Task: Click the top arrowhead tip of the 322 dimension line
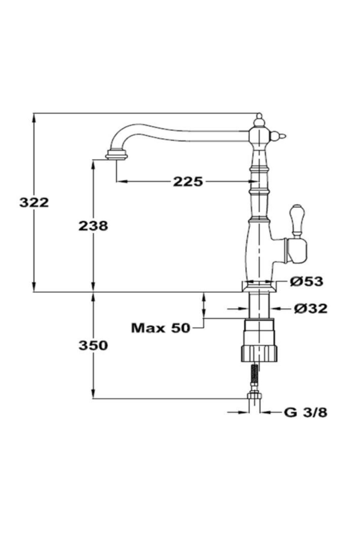[x=34, y=114]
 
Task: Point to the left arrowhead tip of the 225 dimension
[x=116, y=181]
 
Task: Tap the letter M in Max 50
[x=138, y=328]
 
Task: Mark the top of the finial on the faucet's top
[x=259, y=114]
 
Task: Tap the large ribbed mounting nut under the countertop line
[x=259, y=340]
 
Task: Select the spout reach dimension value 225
[x=188, y=181]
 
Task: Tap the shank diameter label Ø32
[x=310, y=308]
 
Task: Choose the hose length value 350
[x=93, y=346]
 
